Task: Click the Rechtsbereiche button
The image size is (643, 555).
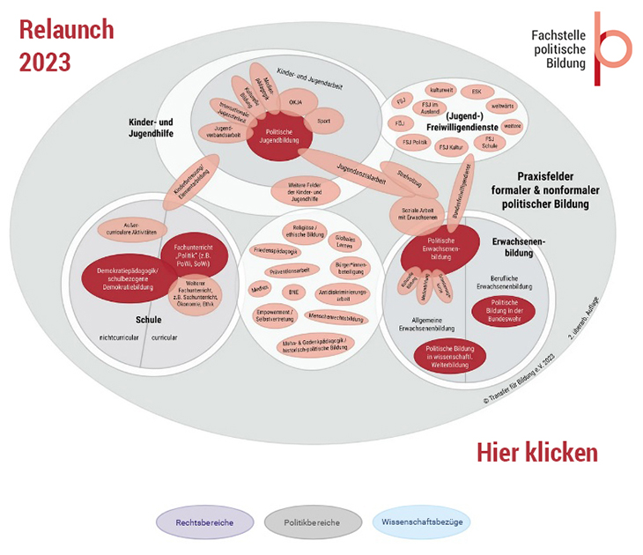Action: [205, 522]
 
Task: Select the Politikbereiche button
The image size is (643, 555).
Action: [313, 522]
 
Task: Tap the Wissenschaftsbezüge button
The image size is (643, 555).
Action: [421, 522]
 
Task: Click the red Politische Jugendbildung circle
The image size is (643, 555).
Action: [278, 137]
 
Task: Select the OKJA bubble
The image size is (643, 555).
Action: [295, 103]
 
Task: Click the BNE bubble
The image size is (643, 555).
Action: [293, 292]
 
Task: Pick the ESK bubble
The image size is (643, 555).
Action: [477, 91]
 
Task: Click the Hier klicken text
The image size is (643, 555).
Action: [536, 452]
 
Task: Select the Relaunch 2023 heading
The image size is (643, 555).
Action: [66, 46]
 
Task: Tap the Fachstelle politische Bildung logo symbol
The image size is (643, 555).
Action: [608, 48]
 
